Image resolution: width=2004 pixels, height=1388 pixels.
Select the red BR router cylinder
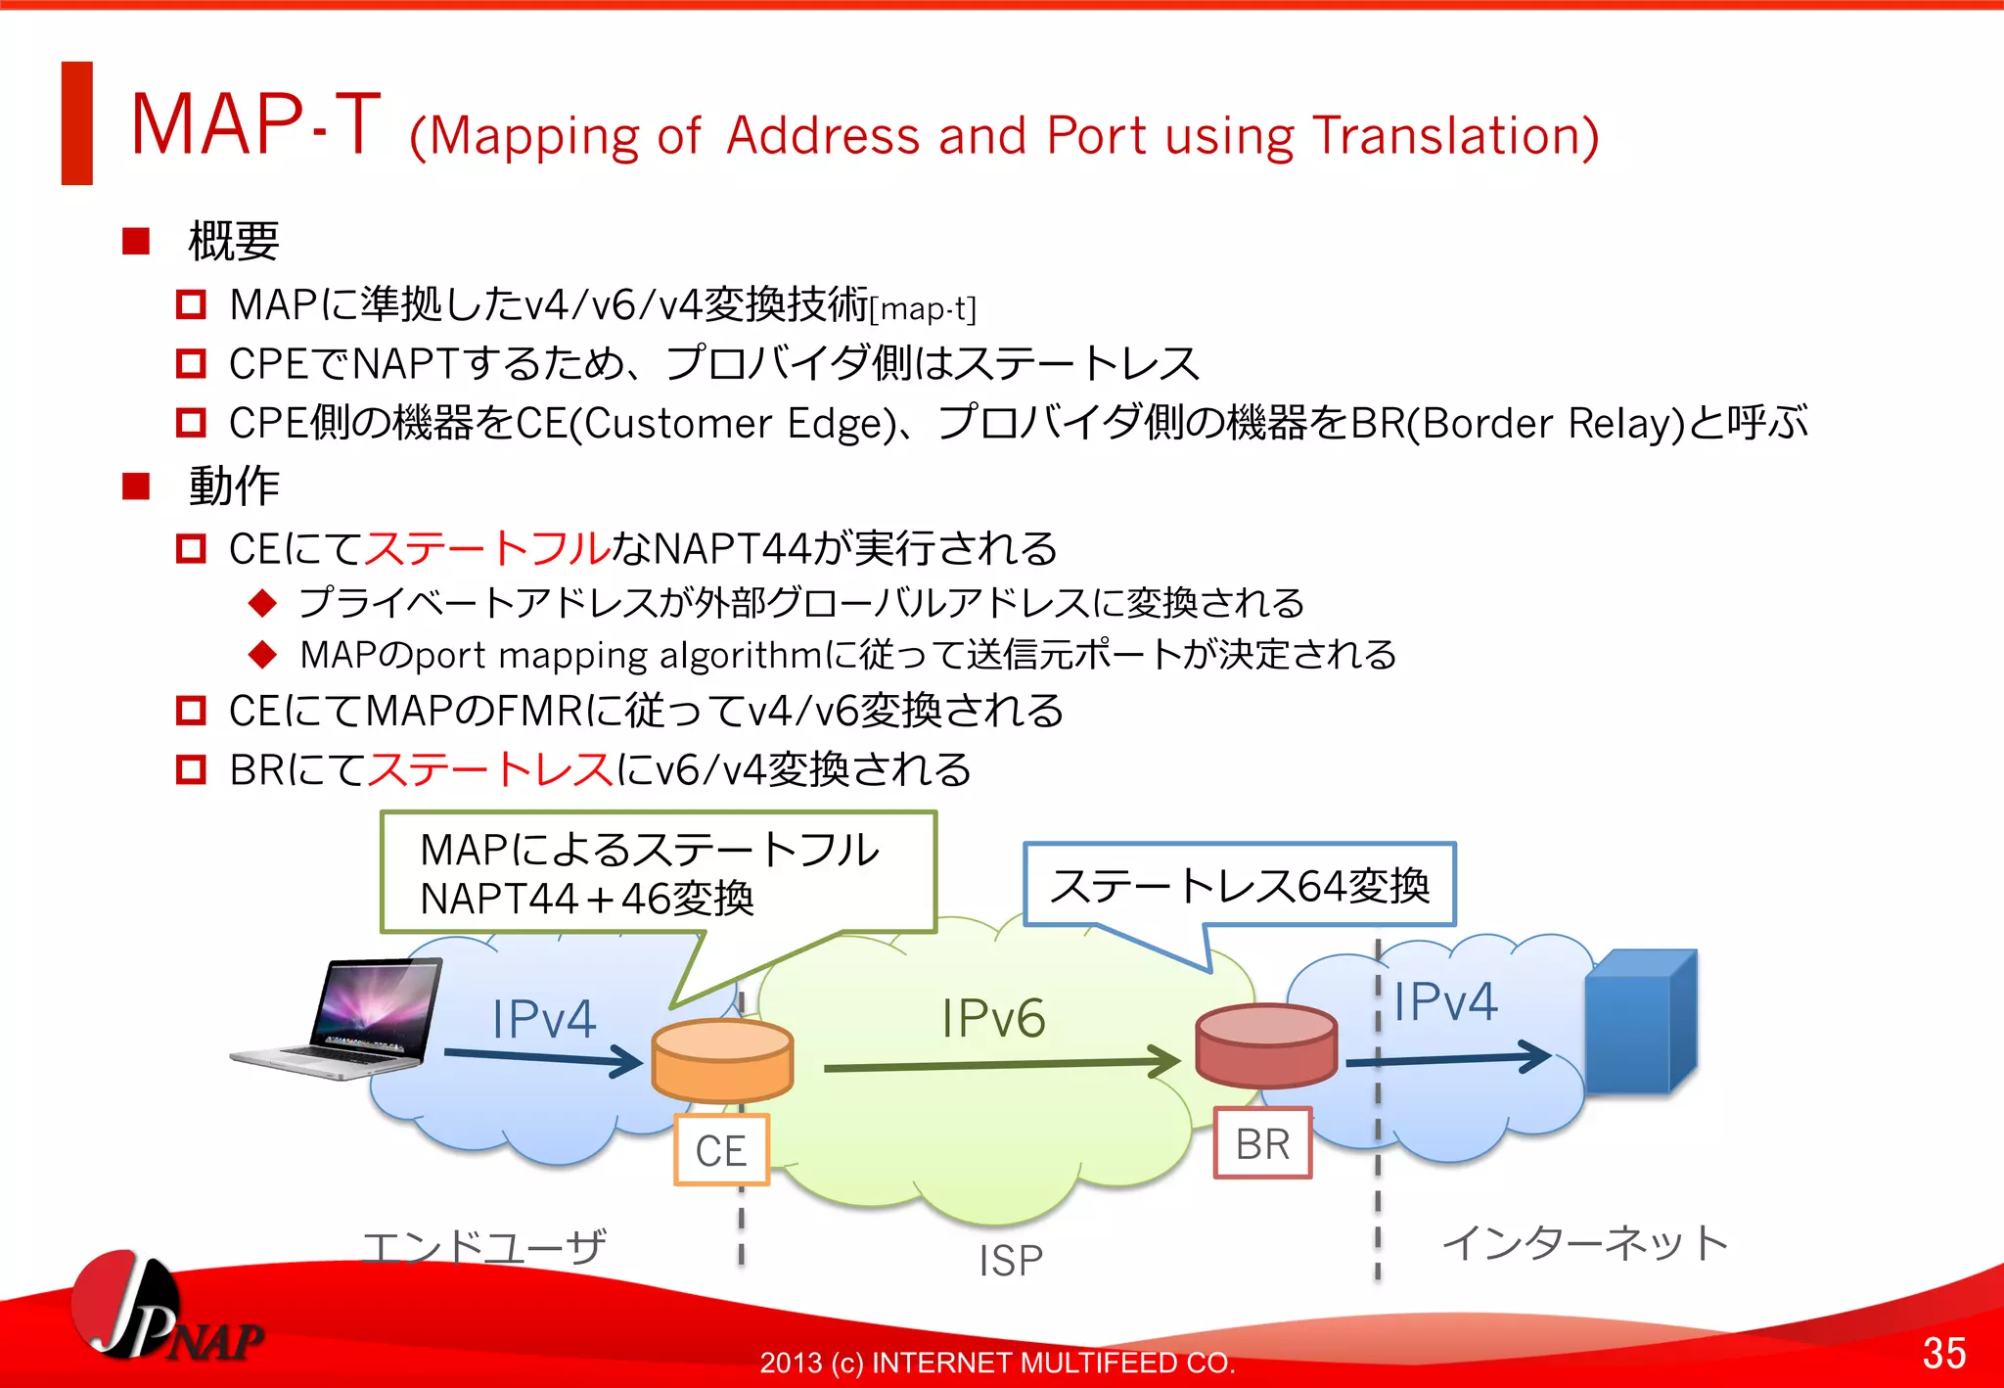point(1266,1045)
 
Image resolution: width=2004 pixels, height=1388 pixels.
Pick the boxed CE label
point(721,1150)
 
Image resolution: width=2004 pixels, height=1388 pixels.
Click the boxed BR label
point(1262,1143)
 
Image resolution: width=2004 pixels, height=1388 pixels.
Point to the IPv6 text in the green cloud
point(993,1018)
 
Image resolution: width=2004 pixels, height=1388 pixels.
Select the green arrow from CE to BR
point(998,1064)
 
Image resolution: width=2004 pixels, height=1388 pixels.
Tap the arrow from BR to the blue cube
point(1448,1058)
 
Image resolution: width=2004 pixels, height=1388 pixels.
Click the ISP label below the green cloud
point(1011,1260)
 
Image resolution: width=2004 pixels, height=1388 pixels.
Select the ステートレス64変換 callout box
point(1239,885)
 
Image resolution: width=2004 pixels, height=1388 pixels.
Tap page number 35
point(1943,1353)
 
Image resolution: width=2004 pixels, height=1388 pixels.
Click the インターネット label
point(1584,1243)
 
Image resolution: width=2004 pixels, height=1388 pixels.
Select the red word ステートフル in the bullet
point(487,548)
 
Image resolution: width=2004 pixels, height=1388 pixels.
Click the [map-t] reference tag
point(923,309)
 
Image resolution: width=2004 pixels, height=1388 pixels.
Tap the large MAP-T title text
point(254,124)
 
